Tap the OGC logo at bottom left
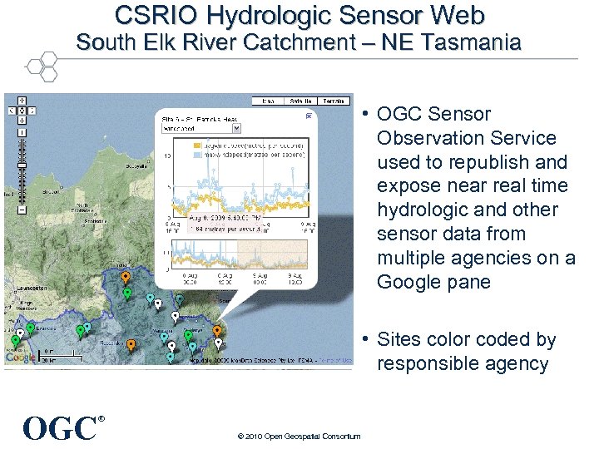point(59,428)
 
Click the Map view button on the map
point(268,101)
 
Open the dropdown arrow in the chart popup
point(236,129)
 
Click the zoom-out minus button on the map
point(21,210)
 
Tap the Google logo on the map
point(21,358)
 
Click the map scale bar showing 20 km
point(47,355)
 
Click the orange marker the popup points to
point(217,330)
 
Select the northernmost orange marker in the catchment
point(125,277)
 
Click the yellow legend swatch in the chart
point(176,144)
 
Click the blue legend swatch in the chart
point(176,154)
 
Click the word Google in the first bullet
point(406,282)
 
